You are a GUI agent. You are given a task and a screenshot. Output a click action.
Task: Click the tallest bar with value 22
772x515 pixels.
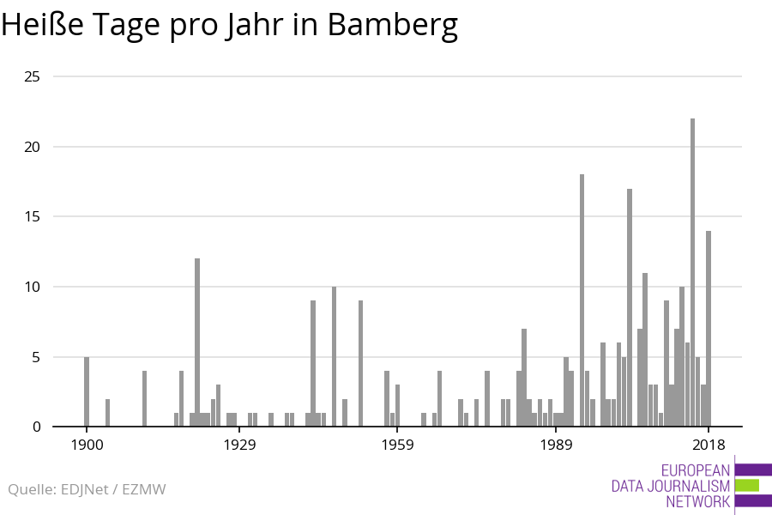(x=692, y=272)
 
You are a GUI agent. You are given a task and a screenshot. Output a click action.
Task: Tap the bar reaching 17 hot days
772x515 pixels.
(x=630, y=307)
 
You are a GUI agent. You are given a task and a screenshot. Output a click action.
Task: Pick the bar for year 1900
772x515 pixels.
(x=87, y=391)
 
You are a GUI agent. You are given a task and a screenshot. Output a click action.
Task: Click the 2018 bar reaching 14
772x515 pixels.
(x=709, y=329)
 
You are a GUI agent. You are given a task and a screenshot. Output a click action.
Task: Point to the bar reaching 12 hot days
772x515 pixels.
(x=197, y=342)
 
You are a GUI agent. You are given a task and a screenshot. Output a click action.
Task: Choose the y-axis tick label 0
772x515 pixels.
(x=37, y=427)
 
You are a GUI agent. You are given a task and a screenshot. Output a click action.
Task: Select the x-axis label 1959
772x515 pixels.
(x=398, y=445)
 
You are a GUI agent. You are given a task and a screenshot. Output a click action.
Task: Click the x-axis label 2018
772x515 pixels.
(x=709, y=445)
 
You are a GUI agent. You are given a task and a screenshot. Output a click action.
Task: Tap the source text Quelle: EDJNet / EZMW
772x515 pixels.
(x=87, y=489)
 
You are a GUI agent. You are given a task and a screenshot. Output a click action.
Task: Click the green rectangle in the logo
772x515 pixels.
(x=747, y=485)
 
